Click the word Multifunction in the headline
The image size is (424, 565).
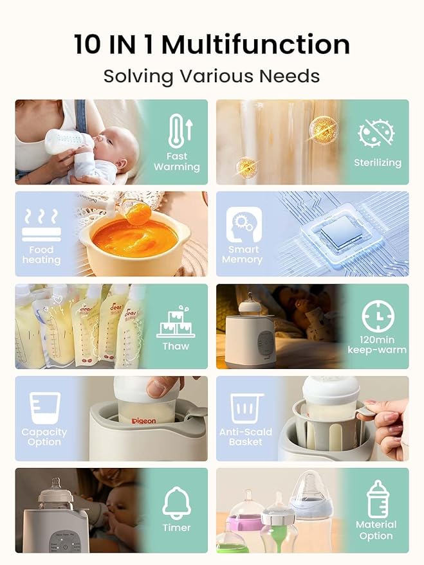coord(255,45)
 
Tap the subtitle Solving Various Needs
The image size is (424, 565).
coord(212,76)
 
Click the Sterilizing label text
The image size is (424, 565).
coord(377,163)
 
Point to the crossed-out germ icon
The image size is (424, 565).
coord(376,133)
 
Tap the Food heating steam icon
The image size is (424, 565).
coord(41,224)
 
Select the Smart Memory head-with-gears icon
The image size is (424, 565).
coord(244,224)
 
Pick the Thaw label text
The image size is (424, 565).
coord(176,346)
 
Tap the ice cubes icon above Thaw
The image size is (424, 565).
coord(176,323)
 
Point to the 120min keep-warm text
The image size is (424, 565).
coord(377,345)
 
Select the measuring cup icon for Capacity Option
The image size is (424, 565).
coord(45,408)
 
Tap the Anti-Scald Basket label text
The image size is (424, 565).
coord(245,437)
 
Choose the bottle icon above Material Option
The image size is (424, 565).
coord(376,498)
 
